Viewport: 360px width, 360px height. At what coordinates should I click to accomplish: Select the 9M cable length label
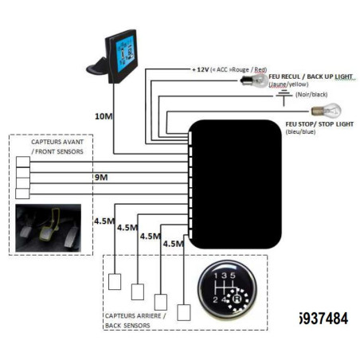102,178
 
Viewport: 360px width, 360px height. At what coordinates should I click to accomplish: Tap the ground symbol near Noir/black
284,95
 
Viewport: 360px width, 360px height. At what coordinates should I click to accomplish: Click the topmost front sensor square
22,162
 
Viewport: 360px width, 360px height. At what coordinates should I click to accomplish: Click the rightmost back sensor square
186,309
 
